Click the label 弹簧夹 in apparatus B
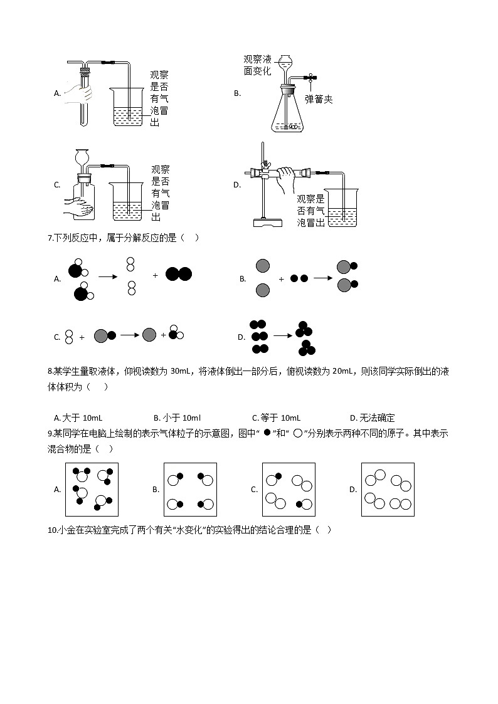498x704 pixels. pos(319,99)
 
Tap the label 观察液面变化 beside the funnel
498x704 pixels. pos(258,65)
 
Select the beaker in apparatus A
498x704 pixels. pos(130,107)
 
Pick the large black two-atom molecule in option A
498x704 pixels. pos(179,274)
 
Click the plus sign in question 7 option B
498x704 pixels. pos(280,279)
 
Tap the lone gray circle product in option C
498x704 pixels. pos(149,335)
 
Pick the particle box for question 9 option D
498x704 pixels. pos(388,489)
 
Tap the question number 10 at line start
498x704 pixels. pos(52,530)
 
